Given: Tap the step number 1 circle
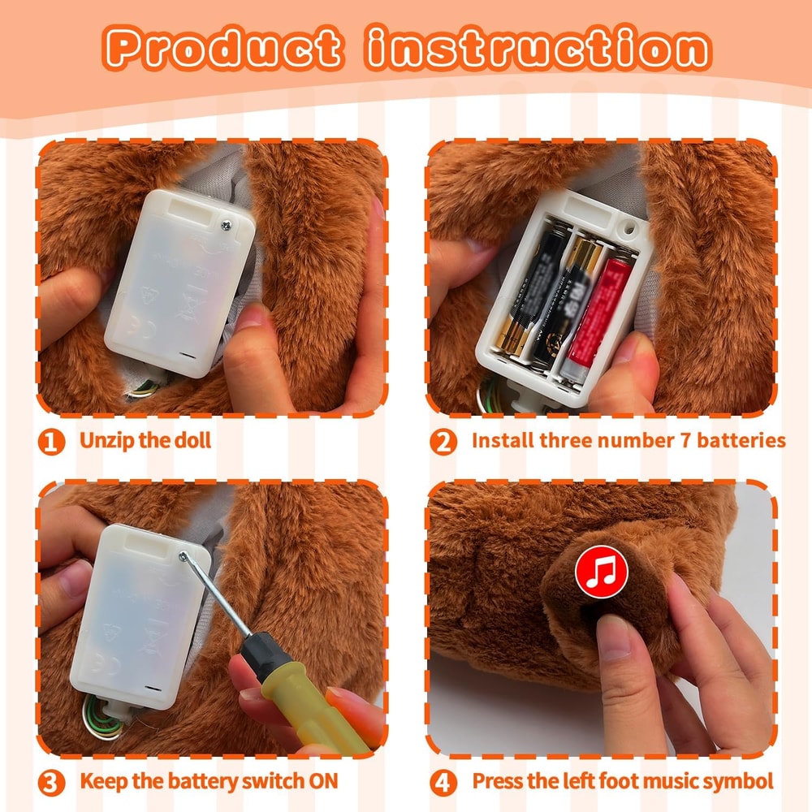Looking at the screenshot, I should click(x=52, y=442).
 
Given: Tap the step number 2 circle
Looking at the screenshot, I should click(x=443, y=442).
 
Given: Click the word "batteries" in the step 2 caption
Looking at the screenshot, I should click(x=744, y=441).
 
